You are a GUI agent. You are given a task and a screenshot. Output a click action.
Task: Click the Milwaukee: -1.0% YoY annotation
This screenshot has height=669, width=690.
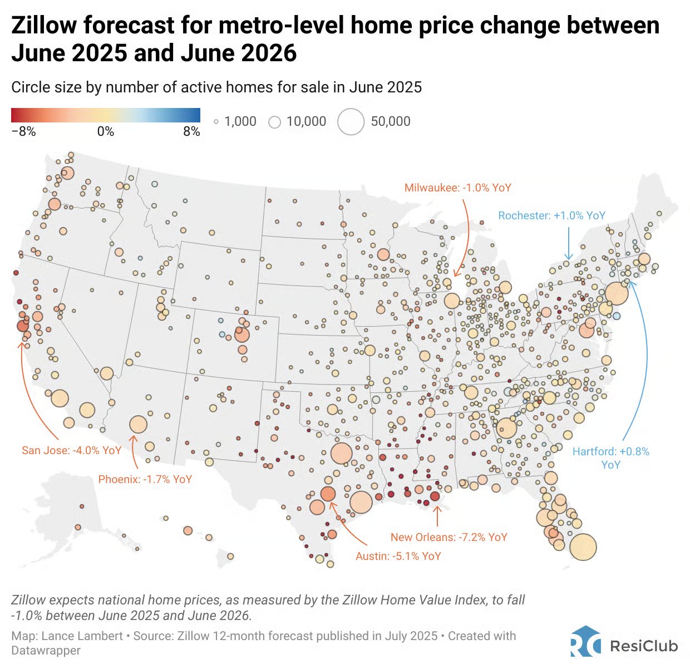point(457,188)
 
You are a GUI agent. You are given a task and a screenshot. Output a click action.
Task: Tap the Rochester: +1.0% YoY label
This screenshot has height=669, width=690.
point(551,215)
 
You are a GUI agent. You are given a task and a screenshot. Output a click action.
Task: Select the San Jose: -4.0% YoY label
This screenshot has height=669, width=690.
point(71,450)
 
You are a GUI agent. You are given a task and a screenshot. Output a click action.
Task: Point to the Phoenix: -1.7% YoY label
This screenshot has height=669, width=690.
point(145,479)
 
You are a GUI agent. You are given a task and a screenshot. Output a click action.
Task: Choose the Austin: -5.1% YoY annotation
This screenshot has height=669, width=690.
point(398,555)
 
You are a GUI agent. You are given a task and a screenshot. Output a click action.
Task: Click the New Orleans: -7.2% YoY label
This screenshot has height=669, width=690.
point(448,537)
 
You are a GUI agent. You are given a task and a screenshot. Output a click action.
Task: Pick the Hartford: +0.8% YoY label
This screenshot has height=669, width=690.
point(610,458)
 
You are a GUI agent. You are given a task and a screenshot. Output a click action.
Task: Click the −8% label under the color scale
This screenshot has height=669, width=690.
point(23,131)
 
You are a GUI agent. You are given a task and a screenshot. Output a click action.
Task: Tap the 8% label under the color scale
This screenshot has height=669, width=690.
point(191,131)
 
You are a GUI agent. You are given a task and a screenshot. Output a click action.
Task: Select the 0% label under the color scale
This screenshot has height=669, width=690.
point(106,131)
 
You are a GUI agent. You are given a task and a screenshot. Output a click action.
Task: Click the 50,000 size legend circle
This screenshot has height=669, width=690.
point(351,122)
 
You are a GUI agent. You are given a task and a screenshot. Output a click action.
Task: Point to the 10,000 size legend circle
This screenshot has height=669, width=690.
point(274,122)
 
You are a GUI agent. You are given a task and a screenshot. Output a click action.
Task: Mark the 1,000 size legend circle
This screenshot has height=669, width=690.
point(216,122)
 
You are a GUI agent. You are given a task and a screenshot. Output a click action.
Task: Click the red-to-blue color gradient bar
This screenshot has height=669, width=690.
point(106,115)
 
